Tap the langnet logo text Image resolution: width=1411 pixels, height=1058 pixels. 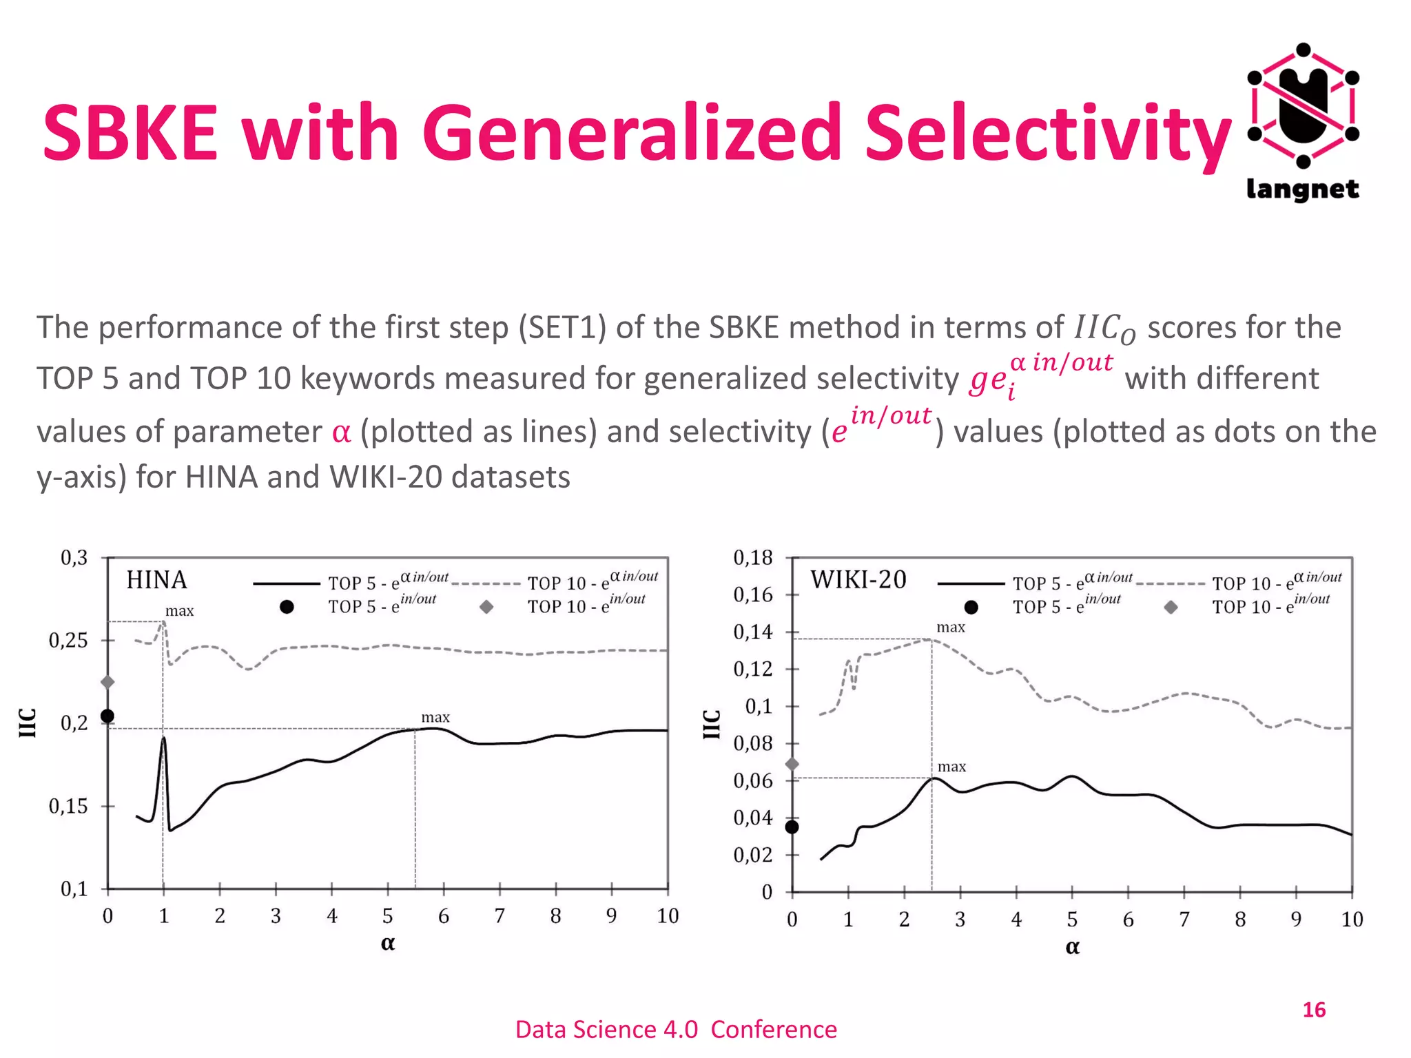tap(1302, 189)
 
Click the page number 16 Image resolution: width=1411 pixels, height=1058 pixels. tap(1313, 1010)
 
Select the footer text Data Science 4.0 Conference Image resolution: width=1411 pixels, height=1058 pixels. tap(676, 1029)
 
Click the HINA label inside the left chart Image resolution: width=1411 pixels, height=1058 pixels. tap(156, 580)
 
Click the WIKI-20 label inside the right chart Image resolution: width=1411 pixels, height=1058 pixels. tap(858, 580)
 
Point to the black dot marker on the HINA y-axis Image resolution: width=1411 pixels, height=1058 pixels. tap(107, 716)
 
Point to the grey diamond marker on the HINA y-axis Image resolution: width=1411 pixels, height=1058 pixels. tap(107, 682)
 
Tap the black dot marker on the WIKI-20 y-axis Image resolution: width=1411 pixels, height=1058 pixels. tap(792, 827)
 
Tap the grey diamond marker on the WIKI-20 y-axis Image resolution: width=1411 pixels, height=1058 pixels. tap(792, 764)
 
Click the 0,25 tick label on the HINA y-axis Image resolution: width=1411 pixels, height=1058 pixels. tap(68, 641)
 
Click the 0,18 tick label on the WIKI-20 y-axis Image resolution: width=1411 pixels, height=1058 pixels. tap(752, 557)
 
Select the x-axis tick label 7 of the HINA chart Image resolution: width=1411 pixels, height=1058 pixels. tap(499, 916)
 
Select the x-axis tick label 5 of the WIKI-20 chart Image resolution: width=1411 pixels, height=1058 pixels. tap(1072, 920)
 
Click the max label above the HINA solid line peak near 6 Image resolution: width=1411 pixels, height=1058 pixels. tap(435, 717)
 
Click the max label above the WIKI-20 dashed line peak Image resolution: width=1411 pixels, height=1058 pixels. tap(951, 627)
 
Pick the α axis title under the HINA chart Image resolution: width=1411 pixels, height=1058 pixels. tap(388, 943)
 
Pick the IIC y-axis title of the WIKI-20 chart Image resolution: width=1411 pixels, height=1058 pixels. tap(712, 723)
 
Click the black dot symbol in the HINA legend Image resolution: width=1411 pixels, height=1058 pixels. tap(287, 607)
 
